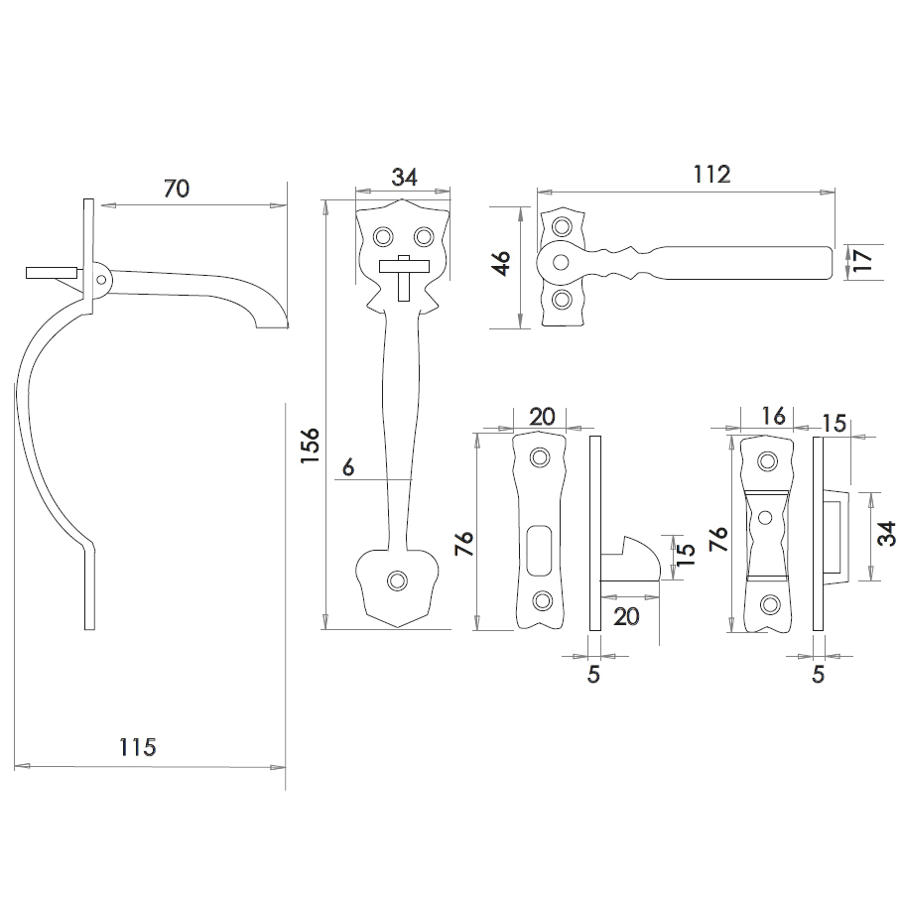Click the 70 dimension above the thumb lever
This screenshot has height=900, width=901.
(x=175, y=190)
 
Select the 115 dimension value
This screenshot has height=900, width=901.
(x=137, y=747)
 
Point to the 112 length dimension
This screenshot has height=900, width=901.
(x=711, y=175)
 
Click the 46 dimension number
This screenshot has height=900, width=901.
(x=501, y=265)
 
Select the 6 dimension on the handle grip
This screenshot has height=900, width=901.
(x=347, y=465)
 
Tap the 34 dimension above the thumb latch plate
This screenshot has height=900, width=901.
(x=404, y=178)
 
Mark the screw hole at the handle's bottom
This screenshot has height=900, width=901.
(x=398, y=580)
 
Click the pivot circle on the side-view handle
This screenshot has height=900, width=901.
(x=101, y=280)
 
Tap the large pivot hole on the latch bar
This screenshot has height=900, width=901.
(x=561, y=261)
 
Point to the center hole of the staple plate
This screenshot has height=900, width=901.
(x=766, y=517)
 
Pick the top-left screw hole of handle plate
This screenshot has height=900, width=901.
(x=381, y=236)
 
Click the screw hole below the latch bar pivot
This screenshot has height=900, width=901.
(x=562, y=299)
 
